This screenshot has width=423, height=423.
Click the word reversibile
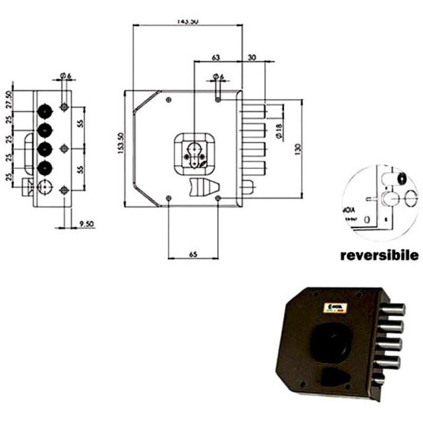(x=380, y=256)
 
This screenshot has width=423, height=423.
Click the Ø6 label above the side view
(x=65, y=76)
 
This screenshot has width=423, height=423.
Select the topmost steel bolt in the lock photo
(x=393, y=308)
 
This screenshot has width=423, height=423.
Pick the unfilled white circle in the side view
(x=45, y=187)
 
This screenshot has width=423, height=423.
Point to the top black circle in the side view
(x=45, y=111)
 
